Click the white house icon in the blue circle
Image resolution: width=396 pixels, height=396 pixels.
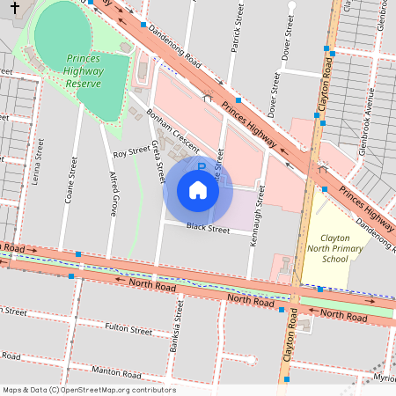(x=198, y=189)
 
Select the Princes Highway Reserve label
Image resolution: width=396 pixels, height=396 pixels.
(x=84, y=71)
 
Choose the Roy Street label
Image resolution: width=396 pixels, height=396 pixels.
(x=132, y=152)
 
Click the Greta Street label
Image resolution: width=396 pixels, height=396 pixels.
(x=158, y=161)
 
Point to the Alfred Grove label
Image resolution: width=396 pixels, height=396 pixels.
(x=113, y=194)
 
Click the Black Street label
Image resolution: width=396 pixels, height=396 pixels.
(x=208, y=230)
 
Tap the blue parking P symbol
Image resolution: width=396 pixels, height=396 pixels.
(x=201, y=165)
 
